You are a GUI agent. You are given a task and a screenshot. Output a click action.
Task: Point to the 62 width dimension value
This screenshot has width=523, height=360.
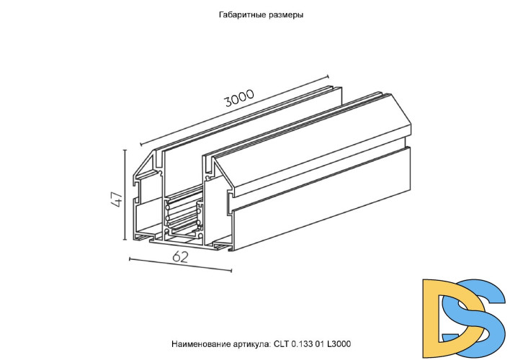181,256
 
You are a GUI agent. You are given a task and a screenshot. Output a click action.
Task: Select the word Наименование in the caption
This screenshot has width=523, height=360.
197,345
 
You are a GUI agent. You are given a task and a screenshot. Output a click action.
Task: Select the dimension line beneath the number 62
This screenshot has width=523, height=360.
181,264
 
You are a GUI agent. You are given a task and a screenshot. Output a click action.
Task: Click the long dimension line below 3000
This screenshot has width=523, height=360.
234,109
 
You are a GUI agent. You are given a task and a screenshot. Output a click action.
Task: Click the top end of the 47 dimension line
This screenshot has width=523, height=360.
127,150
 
